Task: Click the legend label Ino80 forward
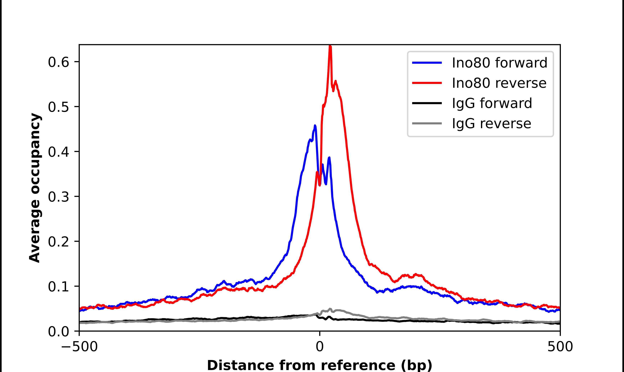(499, 63)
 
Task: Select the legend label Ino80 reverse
(499, 83)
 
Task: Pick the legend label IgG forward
(492, 103)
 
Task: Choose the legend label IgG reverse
(491, 124)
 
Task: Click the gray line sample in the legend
(427, 123)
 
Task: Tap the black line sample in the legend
(427, 103)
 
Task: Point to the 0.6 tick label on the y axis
(58, 62)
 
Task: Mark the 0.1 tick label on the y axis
(58, 287)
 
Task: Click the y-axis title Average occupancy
(35, 188)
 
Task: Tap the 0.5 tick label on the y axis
(58, 107)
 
